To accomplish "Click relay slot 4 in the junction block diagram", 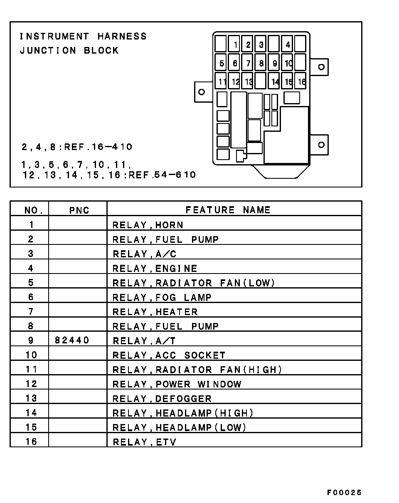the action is pos(287,44).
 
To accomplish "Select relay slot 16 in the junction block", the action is pos(300,81).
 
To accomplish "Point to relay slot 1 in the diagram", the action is pos(234,44).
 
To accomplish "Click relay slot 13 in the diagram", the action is pos(247,81).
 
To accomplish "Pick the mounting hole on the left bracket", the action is pos(202,92).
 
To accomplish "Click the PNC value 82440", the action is pos(72,340).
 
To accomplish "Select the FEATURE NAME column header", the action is pos(228,210).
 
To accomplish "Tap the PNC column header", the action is pos(79,210).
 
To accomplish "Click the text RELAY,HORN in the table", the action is pos(148,225).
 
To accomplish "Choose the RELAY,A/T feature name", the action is pos(144,341).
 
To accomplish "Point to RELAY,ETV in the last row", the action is pos(145,442).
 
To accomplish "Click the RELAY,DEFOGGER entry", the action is pos(162,399).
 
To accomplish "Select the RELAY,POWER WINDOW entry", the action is pos(177,384).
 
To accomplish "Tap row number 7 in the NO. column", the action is pos(31,311).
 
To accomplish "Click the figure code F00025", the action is pos(344,493).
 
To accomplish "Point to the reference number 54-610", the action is pos(175,175).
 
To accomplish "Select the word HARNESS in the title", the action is pos(122,36).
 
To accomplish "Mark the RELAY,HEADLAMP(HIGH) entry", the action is pos(183,413).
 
